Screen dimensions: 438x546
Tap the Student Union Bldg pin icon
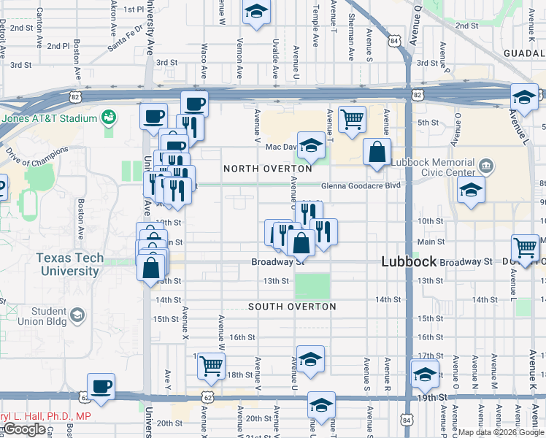pos(76,315)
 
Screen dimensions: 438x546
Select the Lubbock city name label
pos(409,261)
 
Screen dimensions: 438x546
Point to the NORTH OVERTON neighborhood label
pos(268,169)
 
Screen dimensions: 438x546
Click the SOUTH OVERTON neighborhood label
pos(292,307)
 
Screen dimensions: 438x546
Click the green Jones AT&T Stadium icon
pos(109,117)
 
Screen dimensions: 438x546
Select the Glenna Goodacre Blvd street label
pos(361,185)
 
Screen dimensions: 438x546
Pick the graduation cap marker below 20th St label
pos(321,404)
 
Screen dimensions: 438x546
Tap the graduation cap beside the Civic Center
pos(472,191)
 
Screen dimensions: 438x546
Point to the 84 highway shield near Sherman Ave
pos(394,42)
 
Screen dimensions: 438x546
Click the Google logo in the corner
pos(24,429)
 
